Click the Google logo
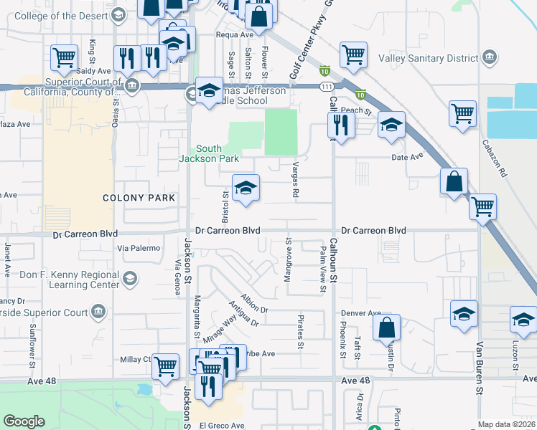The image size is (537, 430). pyautogui.click(x=24, y=421)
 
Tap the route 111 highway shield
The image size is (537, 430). pyautogui.click(x=326, y=86)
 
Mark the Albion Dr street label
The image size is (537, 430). pyautogui.click(x=254, y=305)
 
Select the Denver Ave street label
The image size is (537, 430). pyautogui.click(x=360, y=313)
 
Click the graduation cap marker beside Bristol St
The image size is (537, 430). pyautogui.click(x=246, y=188)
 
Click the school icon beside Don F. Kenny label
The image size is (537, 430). pyautogui.click(x=131, y=277)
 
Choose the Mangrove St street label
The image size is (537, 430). pyautogui.click(x=289, y=255)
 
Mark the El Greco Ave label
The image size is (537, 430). pyautogui.click(x=222, y=425)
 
